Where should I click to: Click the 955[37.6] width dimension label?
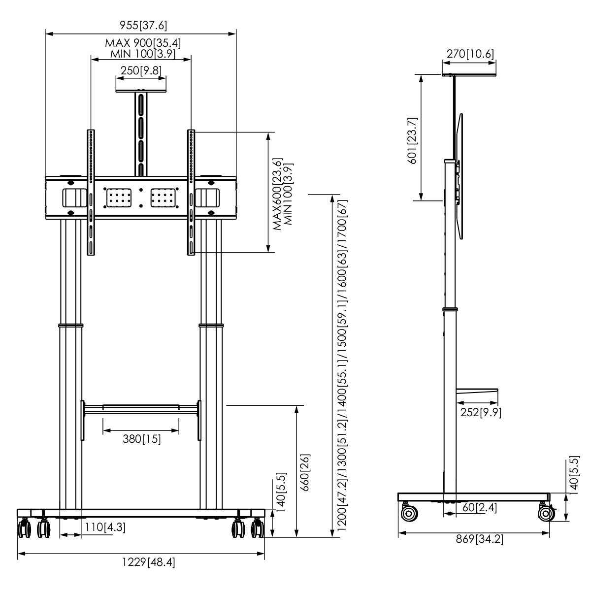140,26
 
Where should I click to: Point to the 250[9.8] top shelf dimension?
141,70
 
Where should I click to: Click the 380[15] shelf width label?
142,438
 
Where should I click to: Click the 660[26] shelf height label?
305,470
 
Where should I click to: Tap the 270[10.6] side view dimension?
470,54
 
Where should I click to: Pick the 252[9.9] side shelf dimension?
481,413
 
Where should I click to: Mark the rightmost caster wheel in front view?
258,529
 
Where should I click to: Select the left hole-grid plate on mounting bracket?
118,198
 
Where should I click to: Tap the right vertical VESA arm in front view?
192,192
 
